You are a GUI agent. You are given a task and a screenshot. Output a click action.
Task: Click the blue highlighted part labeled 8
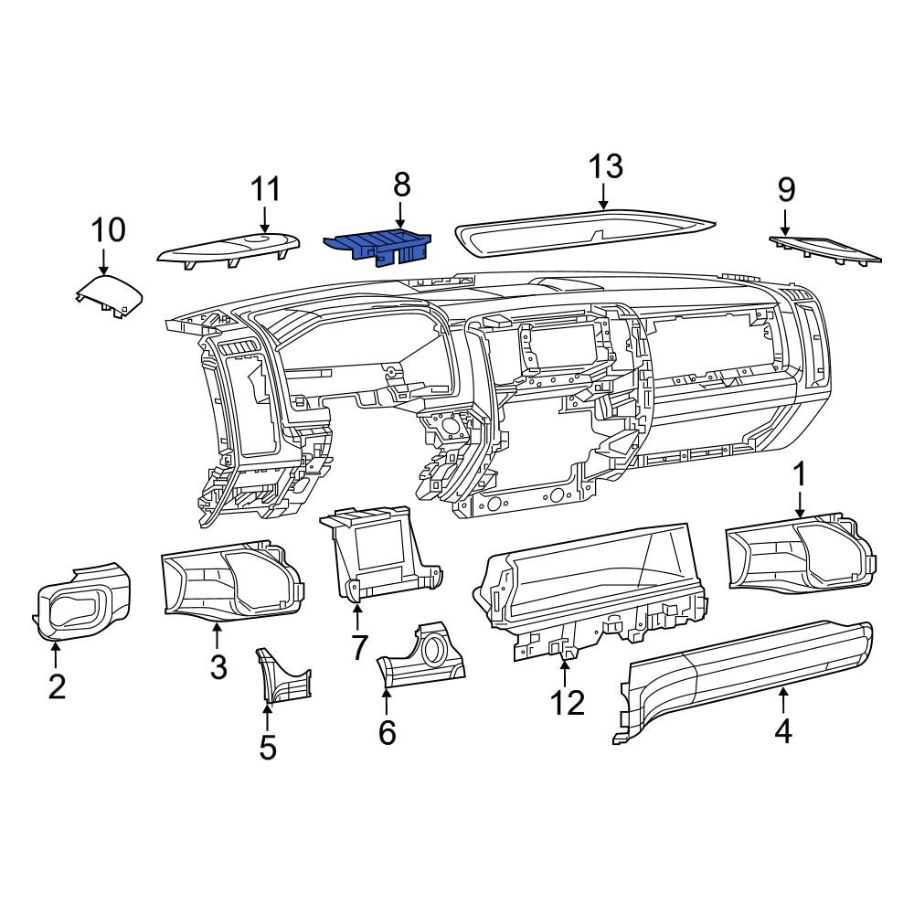[x=377, y=246]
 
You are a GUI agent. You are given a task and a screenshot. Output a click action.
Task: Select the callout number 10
[x=107, y=228]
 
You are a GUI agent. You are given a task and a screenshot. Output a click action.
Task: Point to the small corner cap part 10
[x=109, y=296]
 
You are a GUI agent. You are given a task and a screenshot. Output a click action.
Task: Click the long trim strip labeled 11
[x=228, y=249]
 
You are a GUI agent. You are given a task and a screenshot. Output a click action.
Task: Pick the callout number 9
[x=786, y=189]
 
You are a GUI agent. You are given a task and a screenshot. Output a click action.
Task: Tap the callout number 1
[x=800, y=474]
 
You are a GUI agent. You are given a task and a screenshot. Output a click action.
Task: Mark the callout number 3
[x=218, y=666]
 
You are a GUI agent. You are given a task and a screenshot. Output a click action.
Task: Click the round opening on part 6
[x=433, y=652]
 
